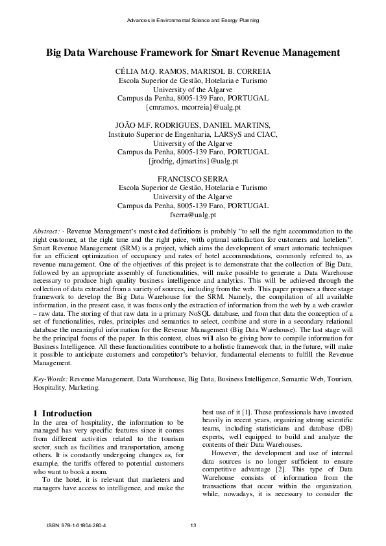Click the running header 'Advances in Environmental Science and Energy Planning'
[x=193, y=21]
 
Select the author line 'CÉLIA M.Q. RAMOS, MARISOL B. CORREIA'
[x=193, y=71]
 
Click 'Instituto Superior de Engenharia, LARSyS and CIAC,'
[x=193, y=134]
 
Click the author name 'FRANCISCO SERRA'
[x=193, y=178]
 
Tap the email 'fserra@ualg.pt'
[x=193, y=214]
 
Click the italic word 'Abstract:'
[x=47, y=231]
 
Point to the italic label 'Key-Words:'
[x=51, y=377]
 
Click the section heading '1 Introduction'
[x=62, y=413]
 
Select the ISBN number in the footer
[x=81, y=525]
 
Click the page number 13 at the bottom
[x=193, y=525]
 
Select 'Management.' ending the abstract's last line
[x=53, y=364]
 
